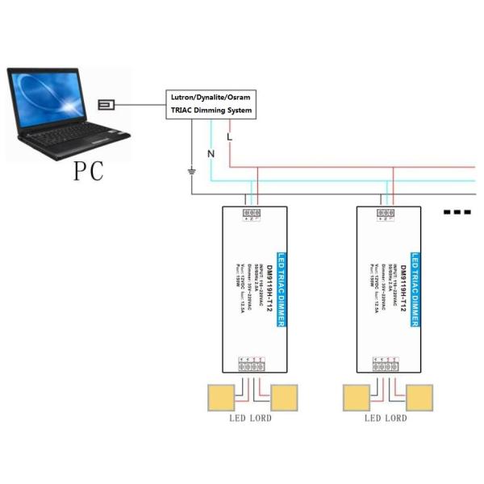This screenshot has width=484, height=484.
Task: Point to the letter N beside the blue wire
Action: pos(211,153)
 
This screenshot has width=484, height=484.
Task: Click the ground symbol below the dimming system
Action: pos(192,171)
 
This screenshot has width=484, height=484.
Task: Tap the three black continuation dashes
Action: pos(457,212)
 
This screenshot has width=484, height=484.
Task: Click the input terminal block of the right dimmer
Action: pos(386,214)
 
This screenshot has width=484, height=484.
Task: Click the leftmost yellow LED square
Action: pos(220,398)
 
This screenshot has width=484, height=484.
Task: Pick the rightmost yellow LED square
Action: pos(419,398)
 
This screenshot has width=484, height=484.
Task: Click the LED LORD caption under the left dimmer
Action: pos(250,419)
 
